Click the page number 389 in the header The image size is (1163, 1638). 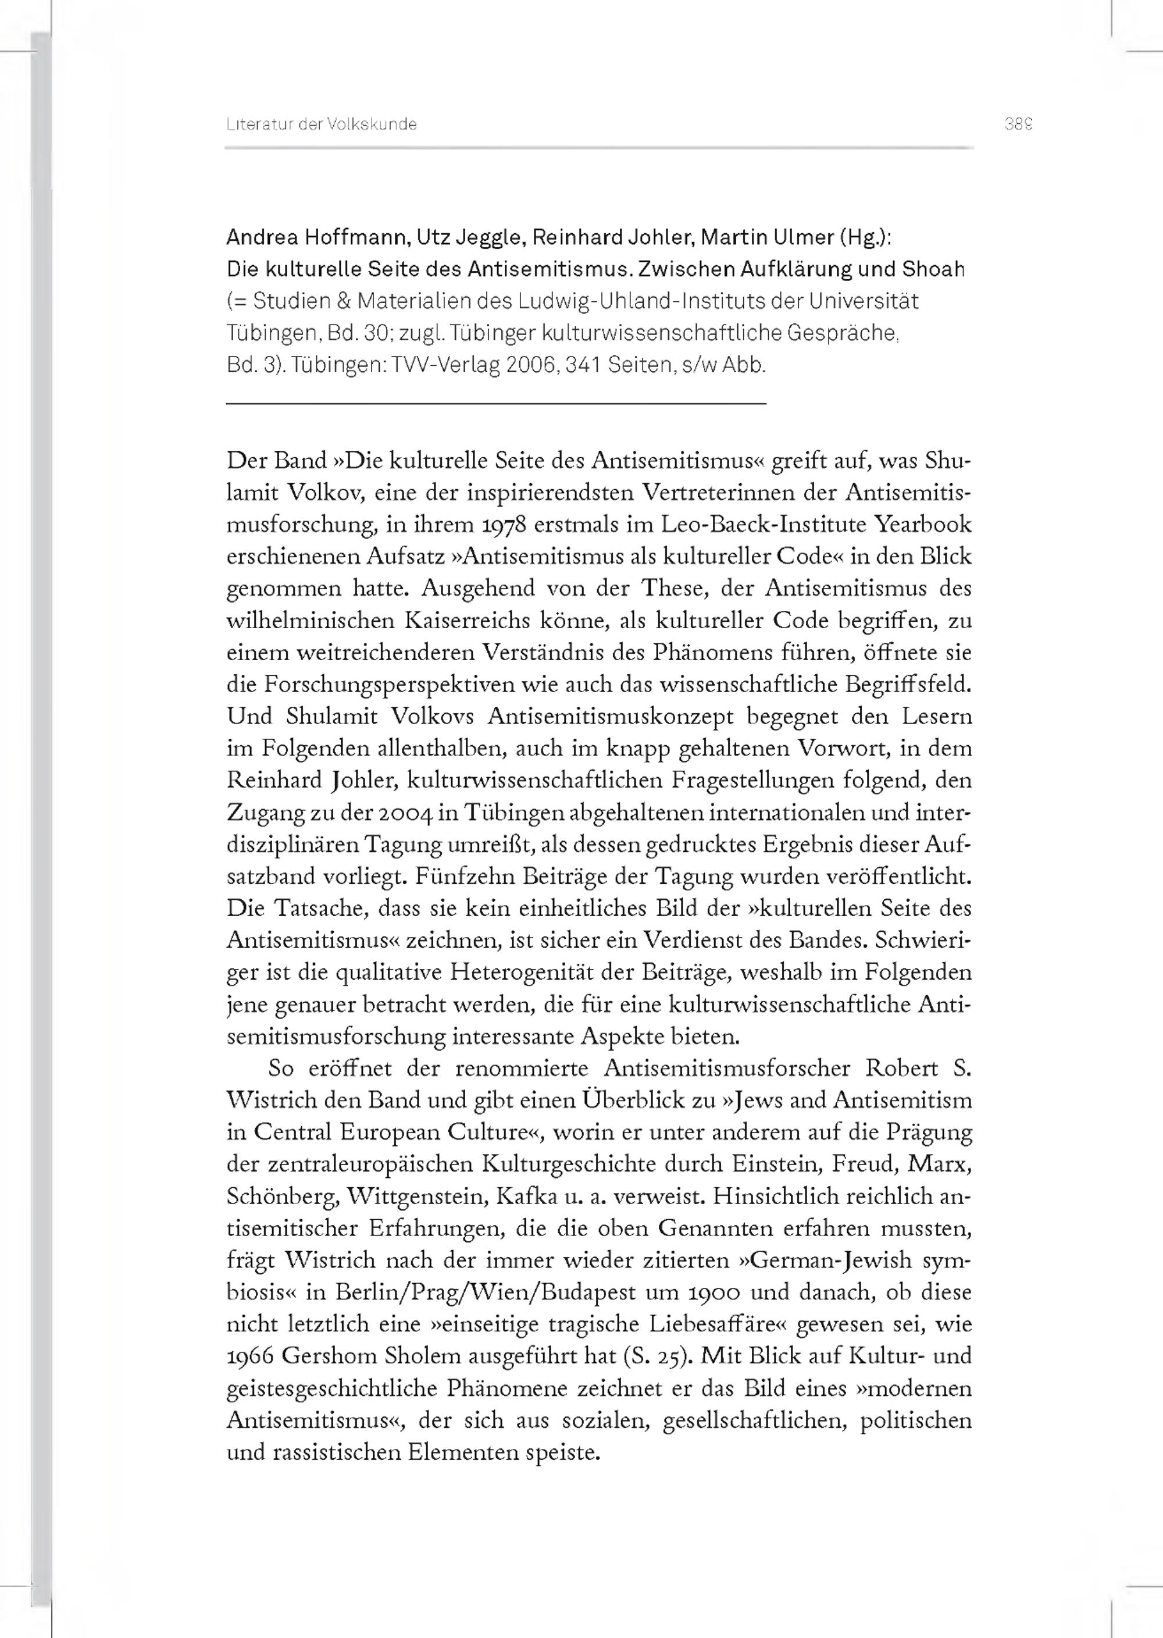1018,124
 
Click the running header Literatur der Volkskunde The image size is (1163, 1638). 322,124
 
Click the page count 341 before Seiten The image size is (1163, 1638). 582,365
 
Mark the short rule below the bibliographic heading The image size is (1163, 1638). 495,405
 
